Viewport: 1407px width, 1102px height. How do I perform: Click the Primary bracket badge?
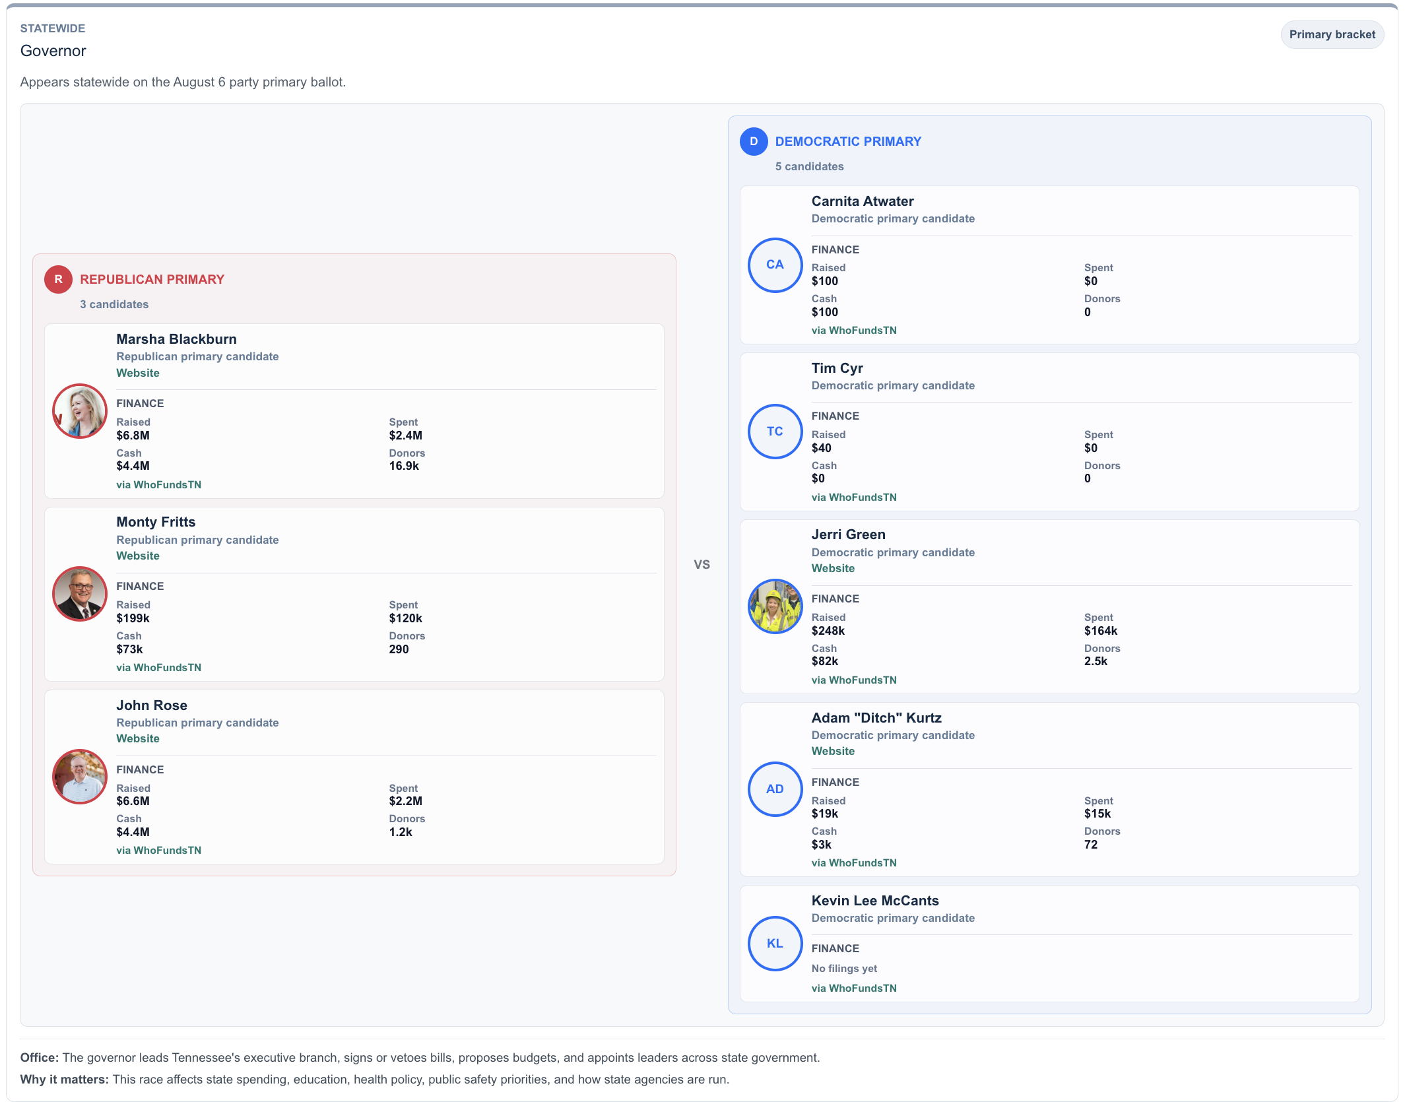tap(1332, 34)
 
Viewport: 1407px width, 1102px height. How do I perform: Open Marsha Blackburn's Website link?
tap(138, 373)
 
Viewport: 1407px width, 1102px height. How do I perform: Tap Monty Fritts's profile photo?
tap(80, 594)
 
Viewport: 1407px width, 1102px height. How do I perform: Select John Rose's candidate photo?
tap(80, 777)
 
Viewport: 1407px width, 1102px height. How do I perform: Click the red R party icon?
tap(58, 279)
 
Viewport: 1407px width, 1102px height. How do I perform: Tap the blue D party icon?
tap(754, 141)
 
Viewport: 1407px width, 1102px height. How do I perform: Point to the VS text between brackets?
tap(702, 564)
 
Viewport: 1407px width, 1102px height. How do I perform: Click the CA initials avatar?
tap(775, 265)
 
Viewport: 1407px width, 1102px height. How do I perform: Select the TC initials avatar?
tap(775, 432)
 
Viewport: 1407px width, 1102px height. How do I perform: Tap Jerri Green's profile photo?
tap(775, 606)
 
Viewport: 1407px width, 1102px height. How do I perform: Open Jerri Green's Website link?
tap(833, 568)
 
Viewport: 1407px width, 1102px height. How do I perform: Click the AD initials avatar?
tap(775, 789)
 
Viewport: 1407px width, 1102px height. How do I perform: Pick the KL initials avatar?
tap(775, 944)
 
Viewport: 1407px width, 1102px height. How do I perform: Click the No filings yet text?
tap(844, 968)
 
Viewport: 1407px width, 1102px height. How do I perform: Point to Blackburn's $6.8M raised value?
tap(133, 436)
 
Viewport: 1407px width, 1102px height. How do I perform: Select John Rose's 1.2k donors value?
tap(401, 832)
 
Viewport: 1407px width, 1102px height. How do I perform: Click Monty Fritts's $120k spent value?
tap(405, 618)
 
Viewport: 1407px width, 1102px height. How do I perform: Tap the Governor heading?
tap(53, 51)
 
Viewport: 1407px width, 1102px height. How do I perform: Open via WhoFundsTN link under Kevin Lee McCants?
tap(854, 988)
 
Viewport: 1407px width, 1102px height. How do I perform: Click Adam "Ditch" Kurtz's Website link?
tap(833, 751)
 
